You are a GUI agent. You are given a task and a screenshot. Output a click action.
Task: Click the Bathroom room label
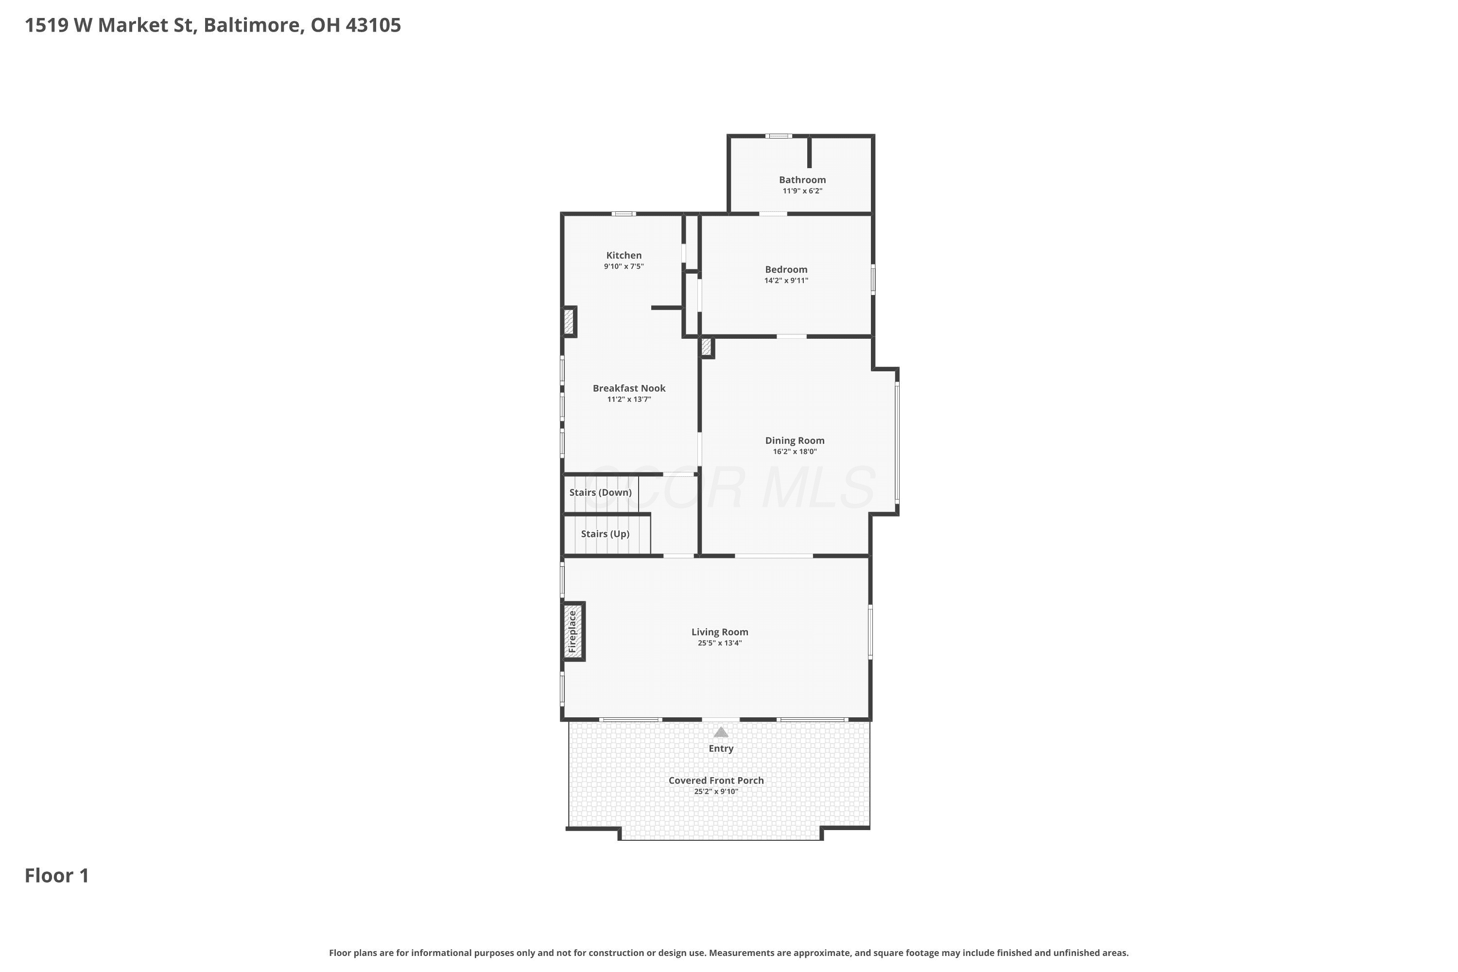point(802,180)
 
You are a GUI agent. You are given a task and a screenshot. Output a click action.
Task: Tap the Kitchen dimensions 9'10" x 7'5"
point(624,266)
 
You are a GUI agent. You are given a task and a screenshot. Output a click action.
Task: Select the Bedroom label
point(786,270)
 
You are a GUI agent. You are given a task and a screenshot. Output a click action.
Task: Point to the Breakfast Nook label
point(628,388)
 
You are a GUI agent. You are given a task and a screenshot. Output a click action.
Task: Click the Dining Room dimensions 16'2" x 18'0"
point(794,452)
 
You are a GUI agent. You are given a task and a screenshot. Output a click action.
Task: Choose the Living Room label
point(720,632)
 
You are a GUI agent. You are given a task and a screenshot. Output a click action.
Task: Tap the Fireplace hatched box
point(573,632)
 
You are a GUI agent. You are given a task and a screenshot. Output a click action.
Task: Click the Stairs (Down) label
point(600,493)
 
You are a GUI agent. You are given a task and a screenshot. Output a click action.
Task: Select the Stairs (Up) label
point(605,534)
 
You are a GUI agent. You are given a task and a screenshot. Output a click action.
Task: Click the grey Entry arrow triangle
point(720,732)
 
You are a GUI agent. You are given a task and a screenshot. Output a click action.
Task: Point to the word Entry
point(721,749)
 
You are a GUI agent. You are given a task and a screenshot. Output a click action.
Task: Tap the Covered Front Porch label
point(716,781)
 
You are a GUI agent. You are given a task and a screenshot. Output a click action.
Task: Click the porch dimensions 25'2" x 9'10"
point(716,792)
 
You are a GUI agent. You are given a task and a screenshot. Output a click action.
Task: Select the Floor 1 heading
point(57,876)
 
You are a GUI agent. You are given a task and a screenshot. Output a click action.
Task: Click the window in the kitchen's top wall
point(624,214)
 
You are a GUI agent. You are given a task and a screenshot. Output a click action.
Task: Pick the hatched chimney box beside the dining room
point(706,347)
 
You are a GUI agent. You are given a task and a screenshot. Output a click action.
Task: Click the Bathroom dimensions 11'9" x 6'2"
point(802,191)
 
